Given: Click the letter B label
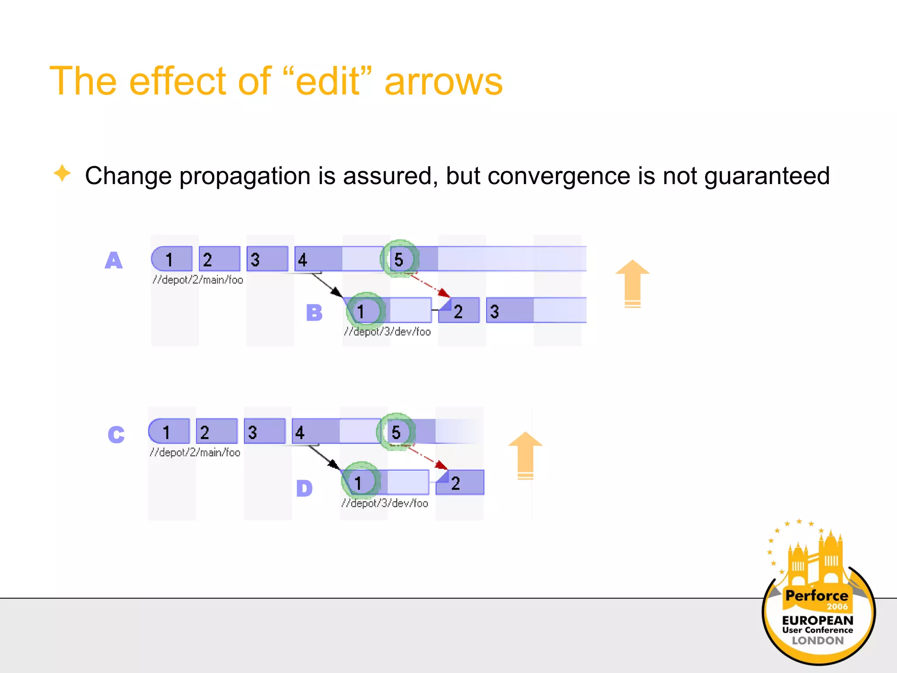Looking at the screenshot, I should click(x=314, y=313).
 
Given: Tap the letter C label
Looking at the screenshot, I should click(x=116, y=434).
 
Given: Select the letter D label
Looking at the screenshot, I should click(x=304, y=488).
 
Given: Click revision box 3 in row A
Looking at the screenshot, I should click(x=267, y=259).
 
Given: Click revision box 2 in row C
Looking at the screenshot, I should click(x=216, y=432).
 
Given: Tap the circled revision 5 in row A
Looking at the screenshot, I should click(x=399, y=259).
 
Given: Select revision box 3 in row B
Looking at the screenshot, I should click(x=509, y=311).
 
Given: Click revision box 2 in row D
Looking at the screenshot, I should click(x=460, y=483).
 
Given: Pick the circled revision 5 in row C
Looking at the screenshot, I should click(x=396, y=432).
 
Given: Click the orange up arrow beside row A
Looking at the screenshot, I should click(x=632, y=283).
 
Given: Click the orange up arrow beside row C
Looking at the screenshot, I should click(x=525, y=455).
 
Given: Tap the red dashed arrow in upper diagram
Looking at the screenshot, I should click(x=428, y=285).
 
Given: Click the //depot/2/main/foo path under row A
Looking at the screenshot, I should click(x=198, y=280).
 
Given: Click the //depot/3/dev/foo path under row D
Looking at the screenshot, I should click(x=385, y=503).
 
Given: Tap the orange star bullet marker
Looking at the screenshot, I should click(x=62, y=173).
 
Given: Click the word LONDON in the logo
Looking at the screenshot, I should click(x=817, y=641).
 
